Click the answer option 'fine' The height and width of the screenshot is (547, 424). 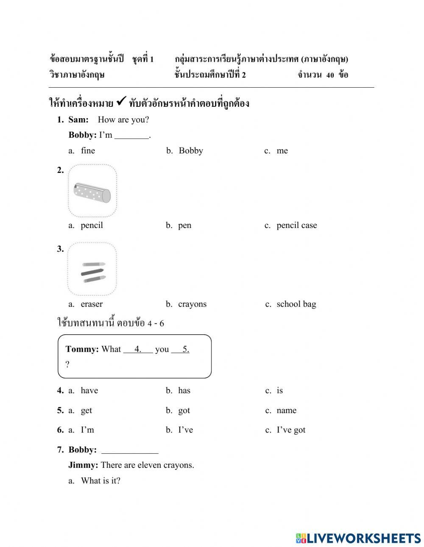point(88,151)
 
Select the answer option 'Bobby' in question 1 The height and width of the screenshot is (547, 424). point(190,151)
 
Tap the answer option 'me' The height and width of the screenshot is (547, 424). point(282,151)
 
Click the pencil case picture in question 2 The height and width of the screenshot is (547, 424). point(92,191)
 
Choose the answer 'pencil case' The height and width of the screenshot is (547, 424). point(296,225)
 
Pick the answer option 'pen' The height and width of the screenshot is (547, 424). point(184,225)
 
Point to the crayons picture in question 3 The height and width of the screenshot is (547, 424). point(92,269)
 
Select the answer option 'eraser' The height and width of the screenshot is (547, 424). point(92,304)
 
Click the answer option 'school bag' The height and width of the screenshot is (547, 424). point(296,304)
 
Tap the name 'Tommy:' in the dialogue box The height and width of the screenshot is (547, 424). point(82,349)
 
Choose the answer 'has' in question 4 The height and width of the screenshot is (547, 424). point(184,391)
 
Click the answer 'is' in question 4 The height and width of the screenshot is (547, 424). point(279,391)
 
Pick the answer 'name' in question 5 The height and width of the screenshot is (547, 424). point(286,411)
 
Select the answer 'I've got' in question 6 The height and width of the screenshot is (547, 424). point(291,430)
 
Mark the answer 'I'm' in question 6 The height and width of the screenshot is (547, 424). point(87,430)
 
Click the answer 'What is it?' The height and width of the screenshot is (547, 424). point(100,481)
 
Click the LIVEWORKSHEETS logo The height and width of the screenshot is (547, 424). point(358,538)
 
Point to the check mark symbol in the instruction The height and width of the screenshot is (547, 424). point(121,101)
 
